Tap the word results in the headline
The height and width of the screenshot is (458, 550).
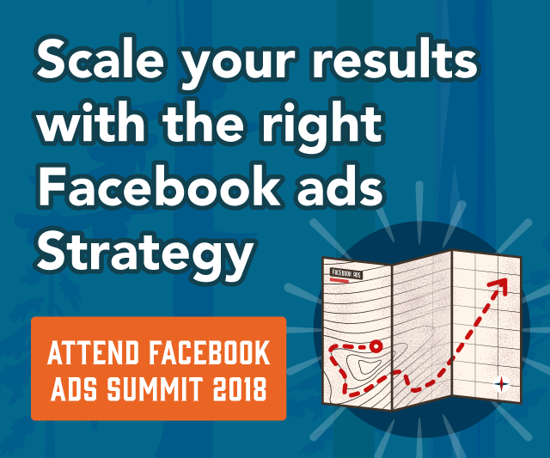pyautogui.click(x=395, y=58)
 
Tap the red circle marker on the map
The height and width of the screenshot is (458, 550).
pyautogui.click(x=376, y=346)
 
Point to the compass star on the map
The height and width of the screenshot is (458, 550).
pyautogui.click(x=502, y=384)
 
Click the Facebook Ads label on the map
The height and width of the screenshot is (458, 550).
pyautogui.click(x=346, y=273)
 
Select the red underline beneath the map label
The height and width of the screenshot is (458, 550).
pyautogui.click(x=339, y=280)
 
